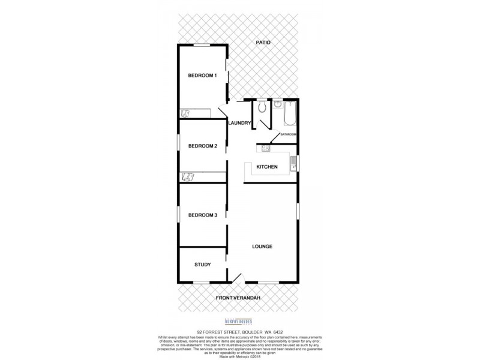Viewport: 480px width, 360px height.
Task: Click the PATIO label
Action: [263, 43]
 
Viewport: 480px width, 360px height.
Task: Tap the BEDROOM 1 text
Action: [202, 75]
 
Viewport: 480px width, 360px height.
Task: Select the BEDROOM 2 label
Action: [202, 145]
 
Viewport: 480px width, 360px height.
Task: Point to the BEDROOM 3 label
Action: [202, 215]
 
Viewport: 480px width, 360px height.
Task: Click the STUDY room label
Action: [202, 265]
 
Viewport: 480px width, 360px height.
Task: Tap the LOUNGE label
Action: [262, 246]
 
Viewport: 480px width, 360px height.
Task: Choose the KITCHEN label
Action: [266, 166]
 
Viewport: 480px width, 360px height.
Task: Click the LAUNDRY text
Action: [239, 123]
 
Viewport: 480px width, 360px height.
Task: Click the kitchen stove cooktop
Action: [263, 148]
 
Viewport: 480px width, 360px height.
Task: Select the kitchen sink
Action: [293, 163]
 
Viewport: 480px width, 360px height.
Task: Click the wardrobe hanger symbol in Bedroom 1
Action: [185, 112]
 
